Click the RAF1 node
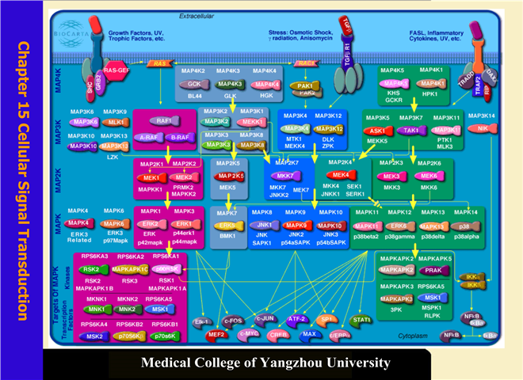pos(165,121)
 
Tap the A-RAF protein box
pos(148,137)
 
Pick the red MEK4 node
pos(342,175)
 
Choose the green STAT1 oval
pos(363,319)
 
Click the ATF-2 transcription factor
pos(297,319)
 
